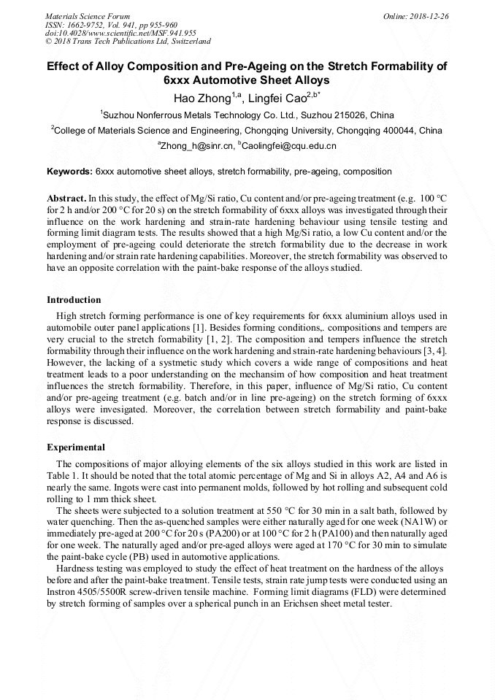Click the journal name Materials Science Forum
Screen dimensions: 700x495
(x=88, y=15)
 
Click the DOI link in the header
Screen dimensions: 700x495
(x=120, y=33)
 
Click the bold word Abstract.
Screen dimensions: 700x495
(x=66, y=198)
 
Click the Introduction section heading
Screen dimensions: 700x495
(x=74, y=300)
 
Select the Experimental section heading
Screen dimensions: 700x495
(x=76, y=447)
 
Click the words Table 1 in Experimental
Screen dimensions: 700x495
(x=62, y=476)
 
